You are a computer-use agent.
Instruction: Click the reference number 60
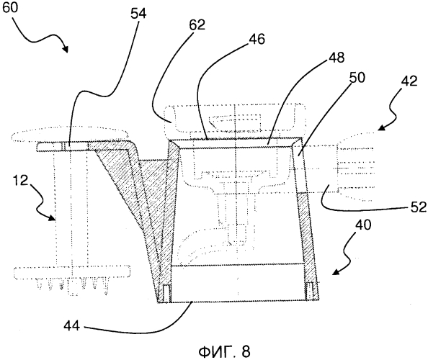(x=10, y=7)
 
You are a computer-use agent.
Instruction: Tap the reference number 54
(x=138, y=14)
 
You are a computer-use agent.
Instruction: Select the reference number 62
(x=197, y=24)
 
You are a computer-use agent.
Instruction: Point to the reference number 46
(x=257, y=39)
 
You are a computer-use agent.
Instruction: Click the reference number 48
(x=336, y=58)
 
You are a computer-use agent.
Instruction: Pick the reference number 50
(x=357, y=77)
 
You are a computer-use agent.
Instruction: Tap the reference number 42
(x=409, y=81)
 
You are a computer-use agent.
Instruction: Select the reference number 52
(x=418, y=207)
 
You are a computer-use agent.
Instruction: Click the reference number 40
(x=363, y=225)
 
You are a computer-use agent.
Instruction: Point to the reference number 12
(x=21, y=180)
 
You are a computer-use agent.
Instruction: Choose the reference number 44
(x=72, y=325)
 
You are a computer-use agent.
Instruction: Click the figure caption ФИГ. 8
(x=224, y=351)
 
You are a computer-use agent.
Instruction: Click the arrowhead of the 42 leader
(x=383, y=127)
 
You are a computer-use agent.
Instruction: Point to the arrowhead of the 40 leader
(x=336, y=272)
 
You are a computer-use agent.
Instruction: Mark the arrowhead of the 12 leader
(x=52, y=217)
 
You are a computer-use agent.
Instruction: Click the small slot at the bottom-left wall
(x=166, y=293)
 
